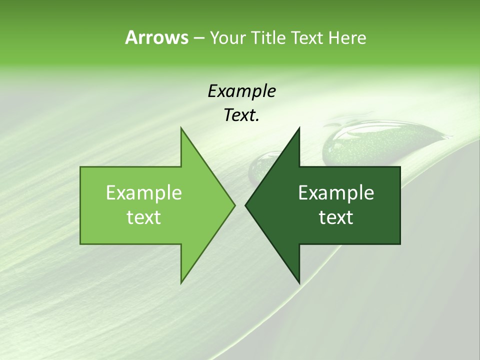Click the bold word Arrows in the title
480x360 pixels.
point(156,37)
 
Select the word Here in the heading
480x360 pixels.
point(347,37)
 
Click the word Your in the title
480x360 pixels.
point(227,37)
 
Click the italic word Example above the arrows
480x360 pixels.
point(241,91)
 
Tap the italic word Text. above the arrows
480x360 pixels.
point(241,115)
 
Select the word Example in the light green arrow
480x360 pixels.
point(144,193)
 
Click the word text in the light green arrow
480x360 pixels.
point(144,217)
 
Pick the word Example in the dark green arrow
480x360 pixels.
point(336,193)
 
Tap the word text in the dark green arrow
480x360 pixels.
point(336,217)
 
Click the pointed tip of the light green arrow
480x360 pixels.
point(234,205)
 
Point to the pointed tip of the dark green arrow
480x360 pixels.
point(246,205)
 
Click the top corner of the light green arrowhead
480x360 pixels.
point(181,128)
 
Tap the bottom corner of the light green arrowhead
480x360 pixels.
point(181,283)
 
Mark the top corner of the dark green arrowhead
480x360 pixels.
point(299,128)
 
